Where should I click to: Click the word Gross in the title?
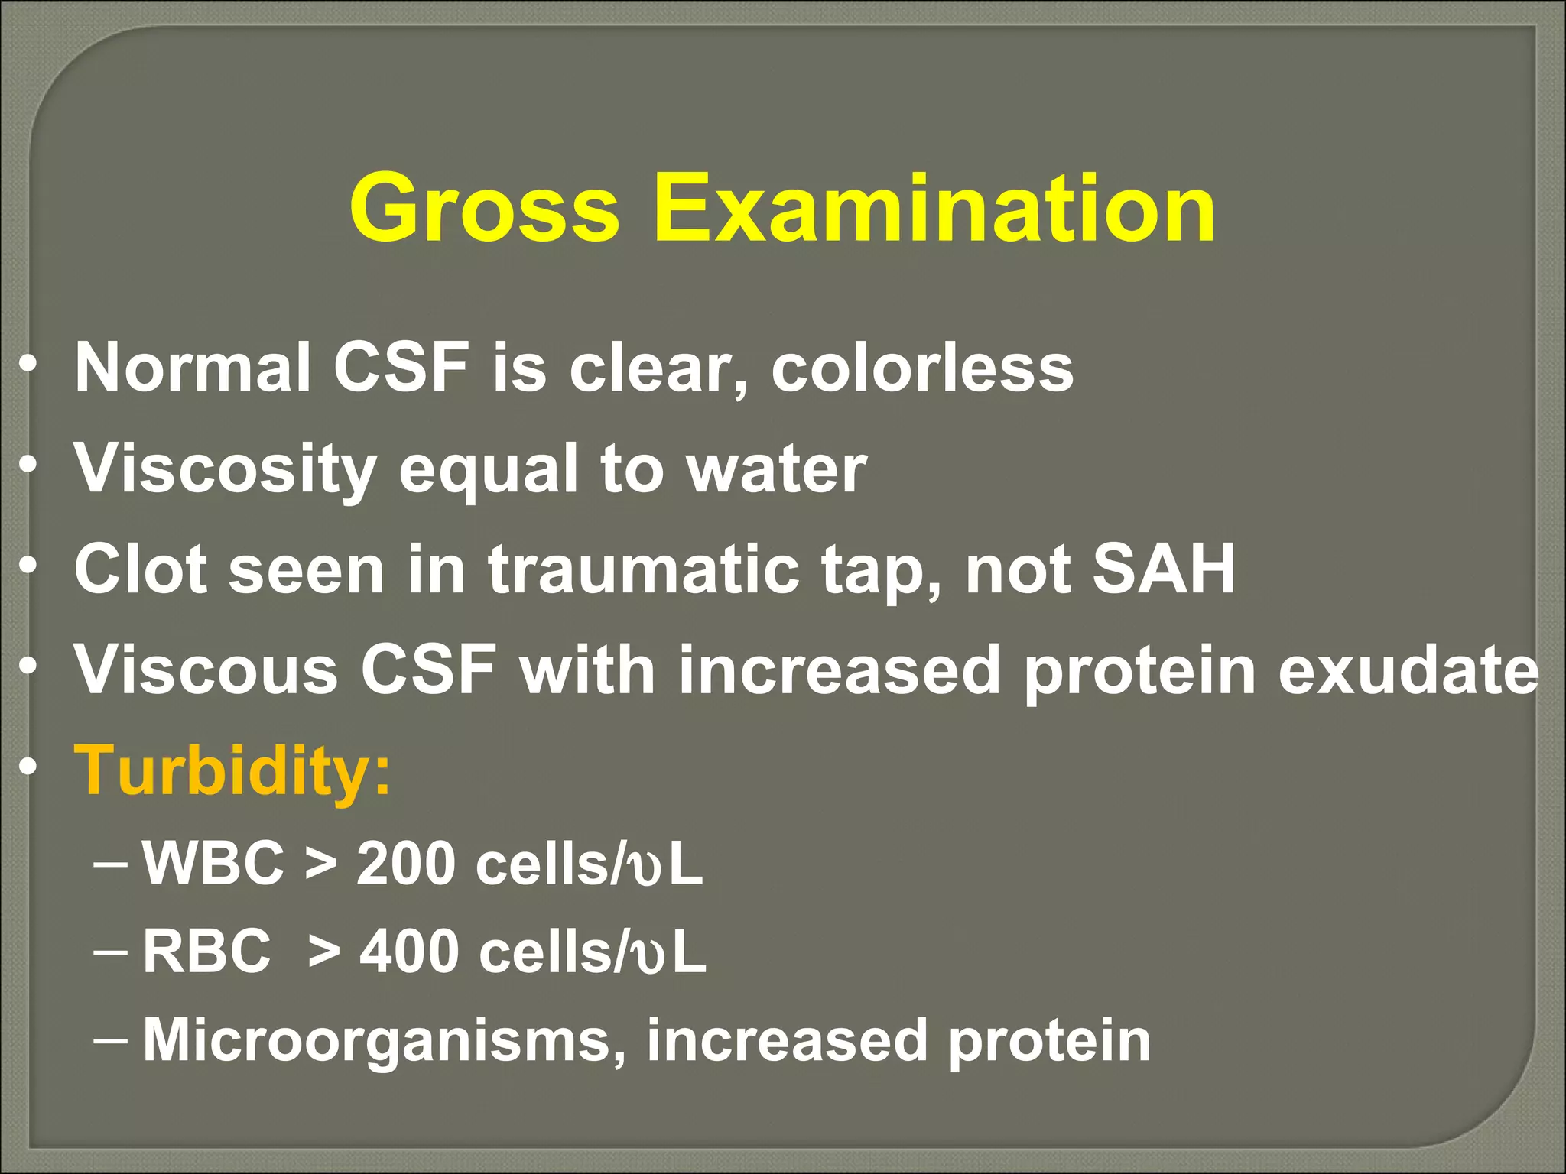pos(483,208)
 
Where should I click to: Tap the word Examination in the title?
pos(934,208)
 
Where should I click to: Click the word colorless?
pos(922,368)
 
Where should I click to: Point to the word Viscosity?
pos(226,470)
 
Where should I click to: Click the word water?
pos(777,469)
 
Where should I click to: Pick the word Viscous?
pos(206,670)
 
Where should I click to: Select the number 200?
pos(406,864)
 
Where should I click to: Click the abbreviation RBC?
pos(206,952)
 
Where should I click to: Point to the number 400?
pos(410,952)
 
